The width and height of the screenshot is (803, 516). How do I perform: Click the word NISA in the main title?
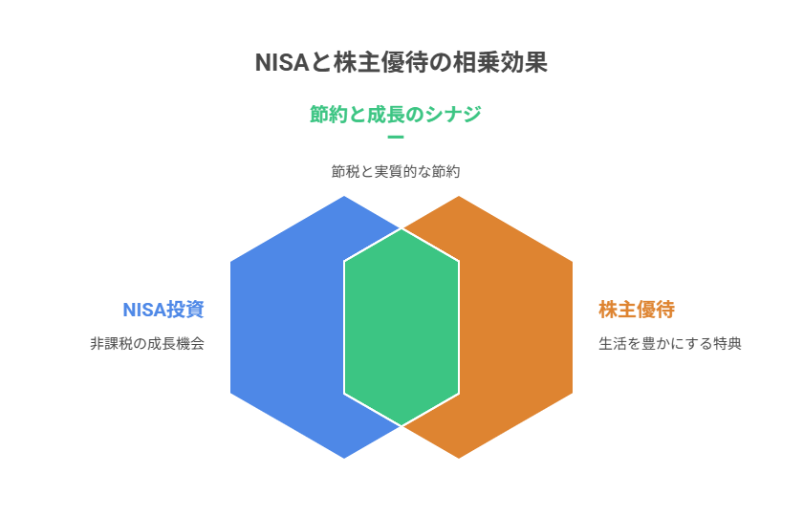pyautogui.click(x=282, y=62)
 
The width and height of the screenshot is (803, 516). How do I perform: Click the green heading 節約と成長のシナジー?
pyautogui.click(x=396, y=114)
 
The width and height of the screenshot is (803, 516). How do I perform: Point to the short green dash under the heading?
pyautogui.click(x=396, y=138)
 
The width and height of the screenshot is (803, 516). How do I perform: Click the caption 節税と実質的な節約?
pyautogui.click(x=396, y=171)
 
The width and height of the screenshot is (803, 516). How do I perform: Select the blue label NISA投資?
pyautogui.click(x=163, y=310)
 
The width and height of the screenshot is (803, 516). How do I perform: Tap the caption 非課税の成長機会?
pyautogui.click(x=147, y=343)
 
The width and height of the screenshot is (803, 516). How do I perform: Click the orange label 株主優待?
pyautogui.click(x=637, y=310)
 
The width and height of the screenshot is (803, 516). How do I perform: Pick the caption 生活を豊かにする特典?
pyautogui.click(x=670, y=343)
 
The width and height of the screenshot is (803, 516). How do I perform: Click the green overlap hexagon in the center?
pyautogui.click(x=401, y=328)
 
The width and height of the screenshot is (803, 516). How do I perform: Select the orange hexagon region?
pyautogui.click(x=516, y=328)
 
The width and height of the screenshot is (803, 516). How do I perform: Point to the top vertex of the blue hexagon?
pyautogui.click(x=344, y=197)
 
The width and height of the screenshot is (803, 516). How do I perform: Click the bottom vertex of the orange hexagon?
pyautogui.click(x=459, y=458)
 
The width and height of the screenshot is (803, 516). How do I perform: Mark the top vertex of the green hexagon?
pyautogui.click(x=401, y=229)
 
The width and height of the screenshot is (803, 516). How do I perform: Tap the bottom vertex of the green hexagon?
pyautogui.click(x=401, y=425)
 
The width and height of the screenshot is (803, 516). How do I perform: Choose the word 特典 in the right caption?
pyautogui.click(x=727, y=343)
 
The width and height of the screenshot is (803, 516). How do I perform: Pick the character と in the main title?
pyautogui.click(x=321, y=63)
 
